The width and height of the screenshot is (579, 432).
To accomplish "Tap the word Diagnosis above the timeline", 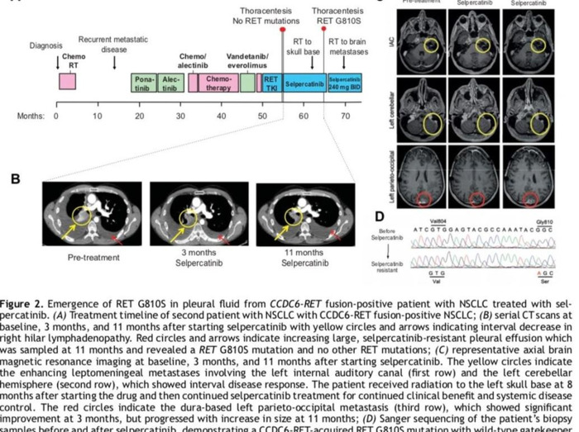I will pos(46,45).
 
